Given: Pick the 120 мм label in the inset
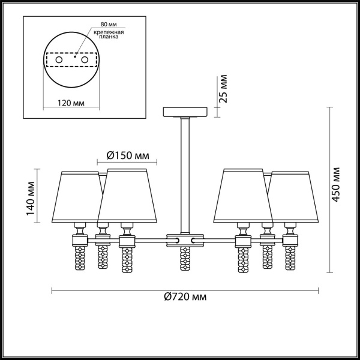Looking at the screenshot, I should (x=71, y=103).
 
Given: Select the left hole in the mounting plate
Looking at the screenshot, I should (x=59, y=61).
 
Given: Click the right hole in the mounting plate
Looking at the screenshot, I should (x=85, y=61).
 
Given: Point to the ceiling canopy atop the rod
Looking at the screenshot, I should (x=185, y=113).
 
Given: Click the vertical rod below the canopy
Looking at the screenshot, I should (x=185, y=174).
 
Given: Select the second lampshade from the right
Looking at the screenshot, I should (x=244, y=196).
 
